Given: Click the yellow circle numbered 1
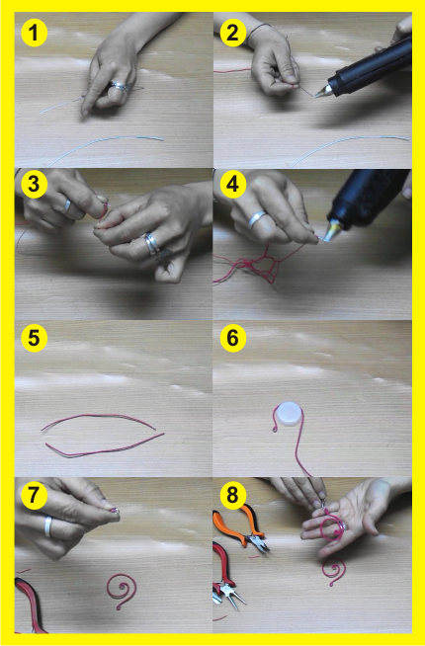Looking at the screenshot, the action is click(35, 33).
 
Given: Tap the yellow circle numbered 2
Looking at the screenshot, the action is click(233, 33).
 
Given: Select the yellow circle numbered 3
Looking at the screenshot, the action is click(35, 184).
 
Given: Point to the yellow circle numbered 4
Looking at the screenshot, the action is click(233, 184).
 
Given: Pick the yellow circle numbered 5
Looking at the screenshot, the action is click(35, 338).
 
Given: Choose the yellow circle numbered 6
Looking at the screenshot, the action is click(233, 338).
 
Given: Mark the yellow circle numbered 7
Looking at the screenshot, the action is click(35, 495).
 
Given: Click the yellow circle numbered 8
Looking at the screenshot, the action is click(233, 495).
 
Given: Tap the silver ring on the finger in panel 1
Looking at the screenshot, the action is click(119, 86).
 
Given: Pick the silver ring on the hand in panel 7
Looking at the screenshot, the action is click(48, 526).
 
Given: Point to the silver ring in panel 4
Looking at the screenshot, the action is click(258, 218).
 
